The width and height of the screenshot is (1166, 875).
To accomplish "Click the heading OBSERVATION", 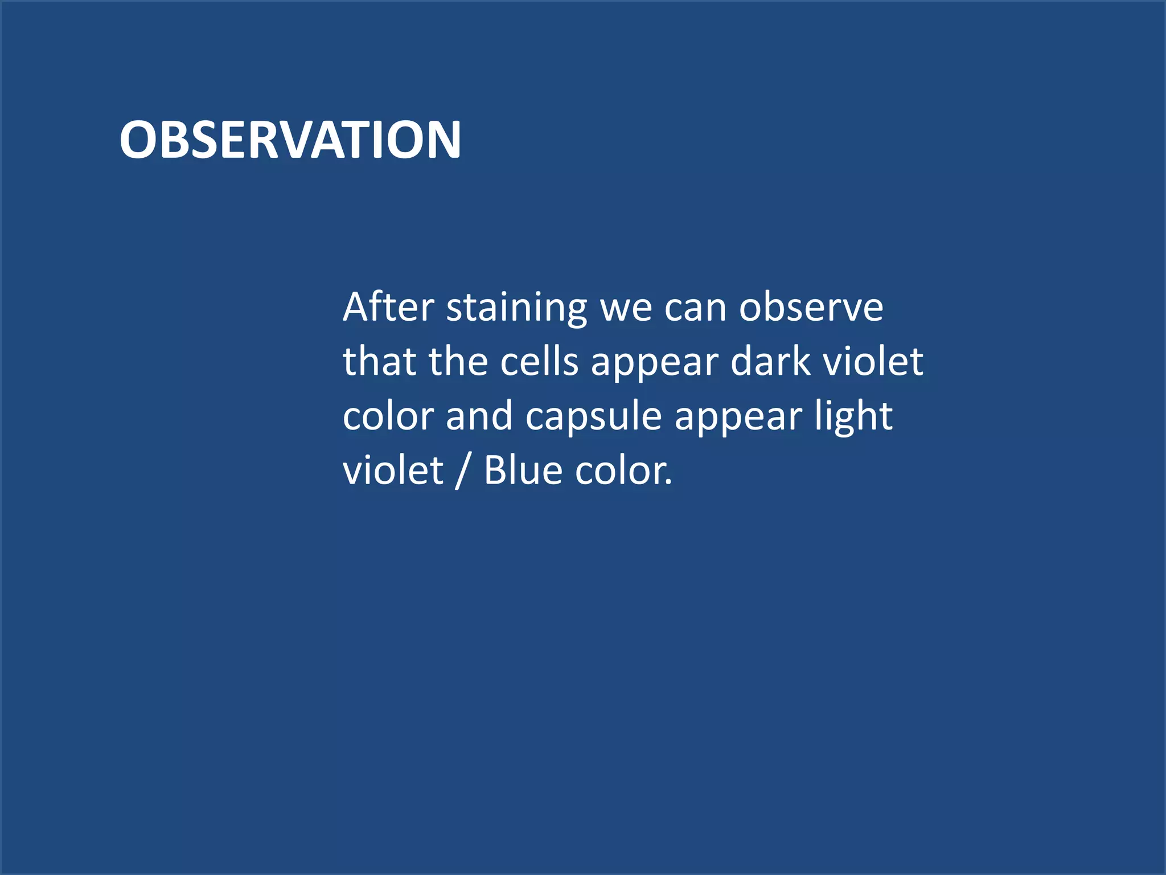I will (x=290, y=140).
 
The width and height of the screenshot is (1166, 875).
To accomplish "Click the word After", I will (x=388, y=307).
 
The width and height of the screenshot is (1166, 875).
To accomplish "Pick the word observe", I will (x=811, y=307).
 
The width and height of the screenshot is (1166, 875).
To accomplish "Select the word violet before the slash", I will (x=393, y=471).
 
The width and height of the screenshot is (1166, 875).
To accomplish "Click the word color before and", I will (x=388, y=417).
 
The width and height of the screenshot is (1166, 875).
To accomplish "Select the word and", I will (x=479, y=416).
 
